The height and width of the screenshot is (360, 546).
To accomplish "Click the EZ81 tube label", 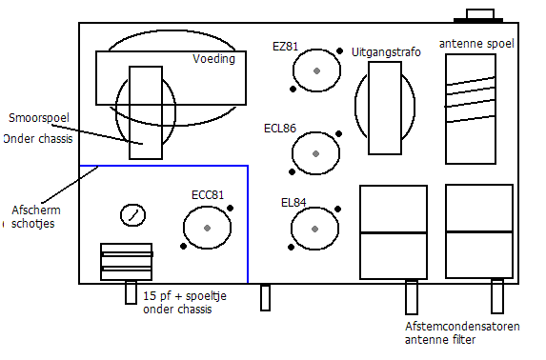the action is (285, 47).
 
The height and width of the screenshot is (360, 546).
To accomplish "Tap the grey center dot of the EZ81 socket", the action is (316, 71).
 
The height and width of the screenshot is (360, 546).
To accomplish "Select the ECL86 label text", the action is (280, 129).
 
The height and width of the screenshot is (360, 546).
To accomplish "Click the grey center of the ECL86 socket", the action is (315, 153).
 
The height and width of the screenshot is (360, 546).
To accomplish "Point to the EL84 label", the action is (293, 203).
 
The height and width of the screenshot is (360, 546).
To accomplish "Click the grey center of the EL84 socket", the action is (314, 230).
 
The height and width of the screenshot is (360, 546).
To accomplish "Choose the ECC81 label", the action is (208, 195).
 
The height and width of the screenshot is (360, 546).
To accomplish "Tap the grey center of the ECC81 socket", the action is (207, 228).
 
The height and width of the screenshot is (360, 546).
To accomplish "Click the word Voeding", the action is (213, 59).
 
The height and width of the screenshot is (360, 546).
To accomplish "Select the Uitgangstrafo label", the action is (386, 52).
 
